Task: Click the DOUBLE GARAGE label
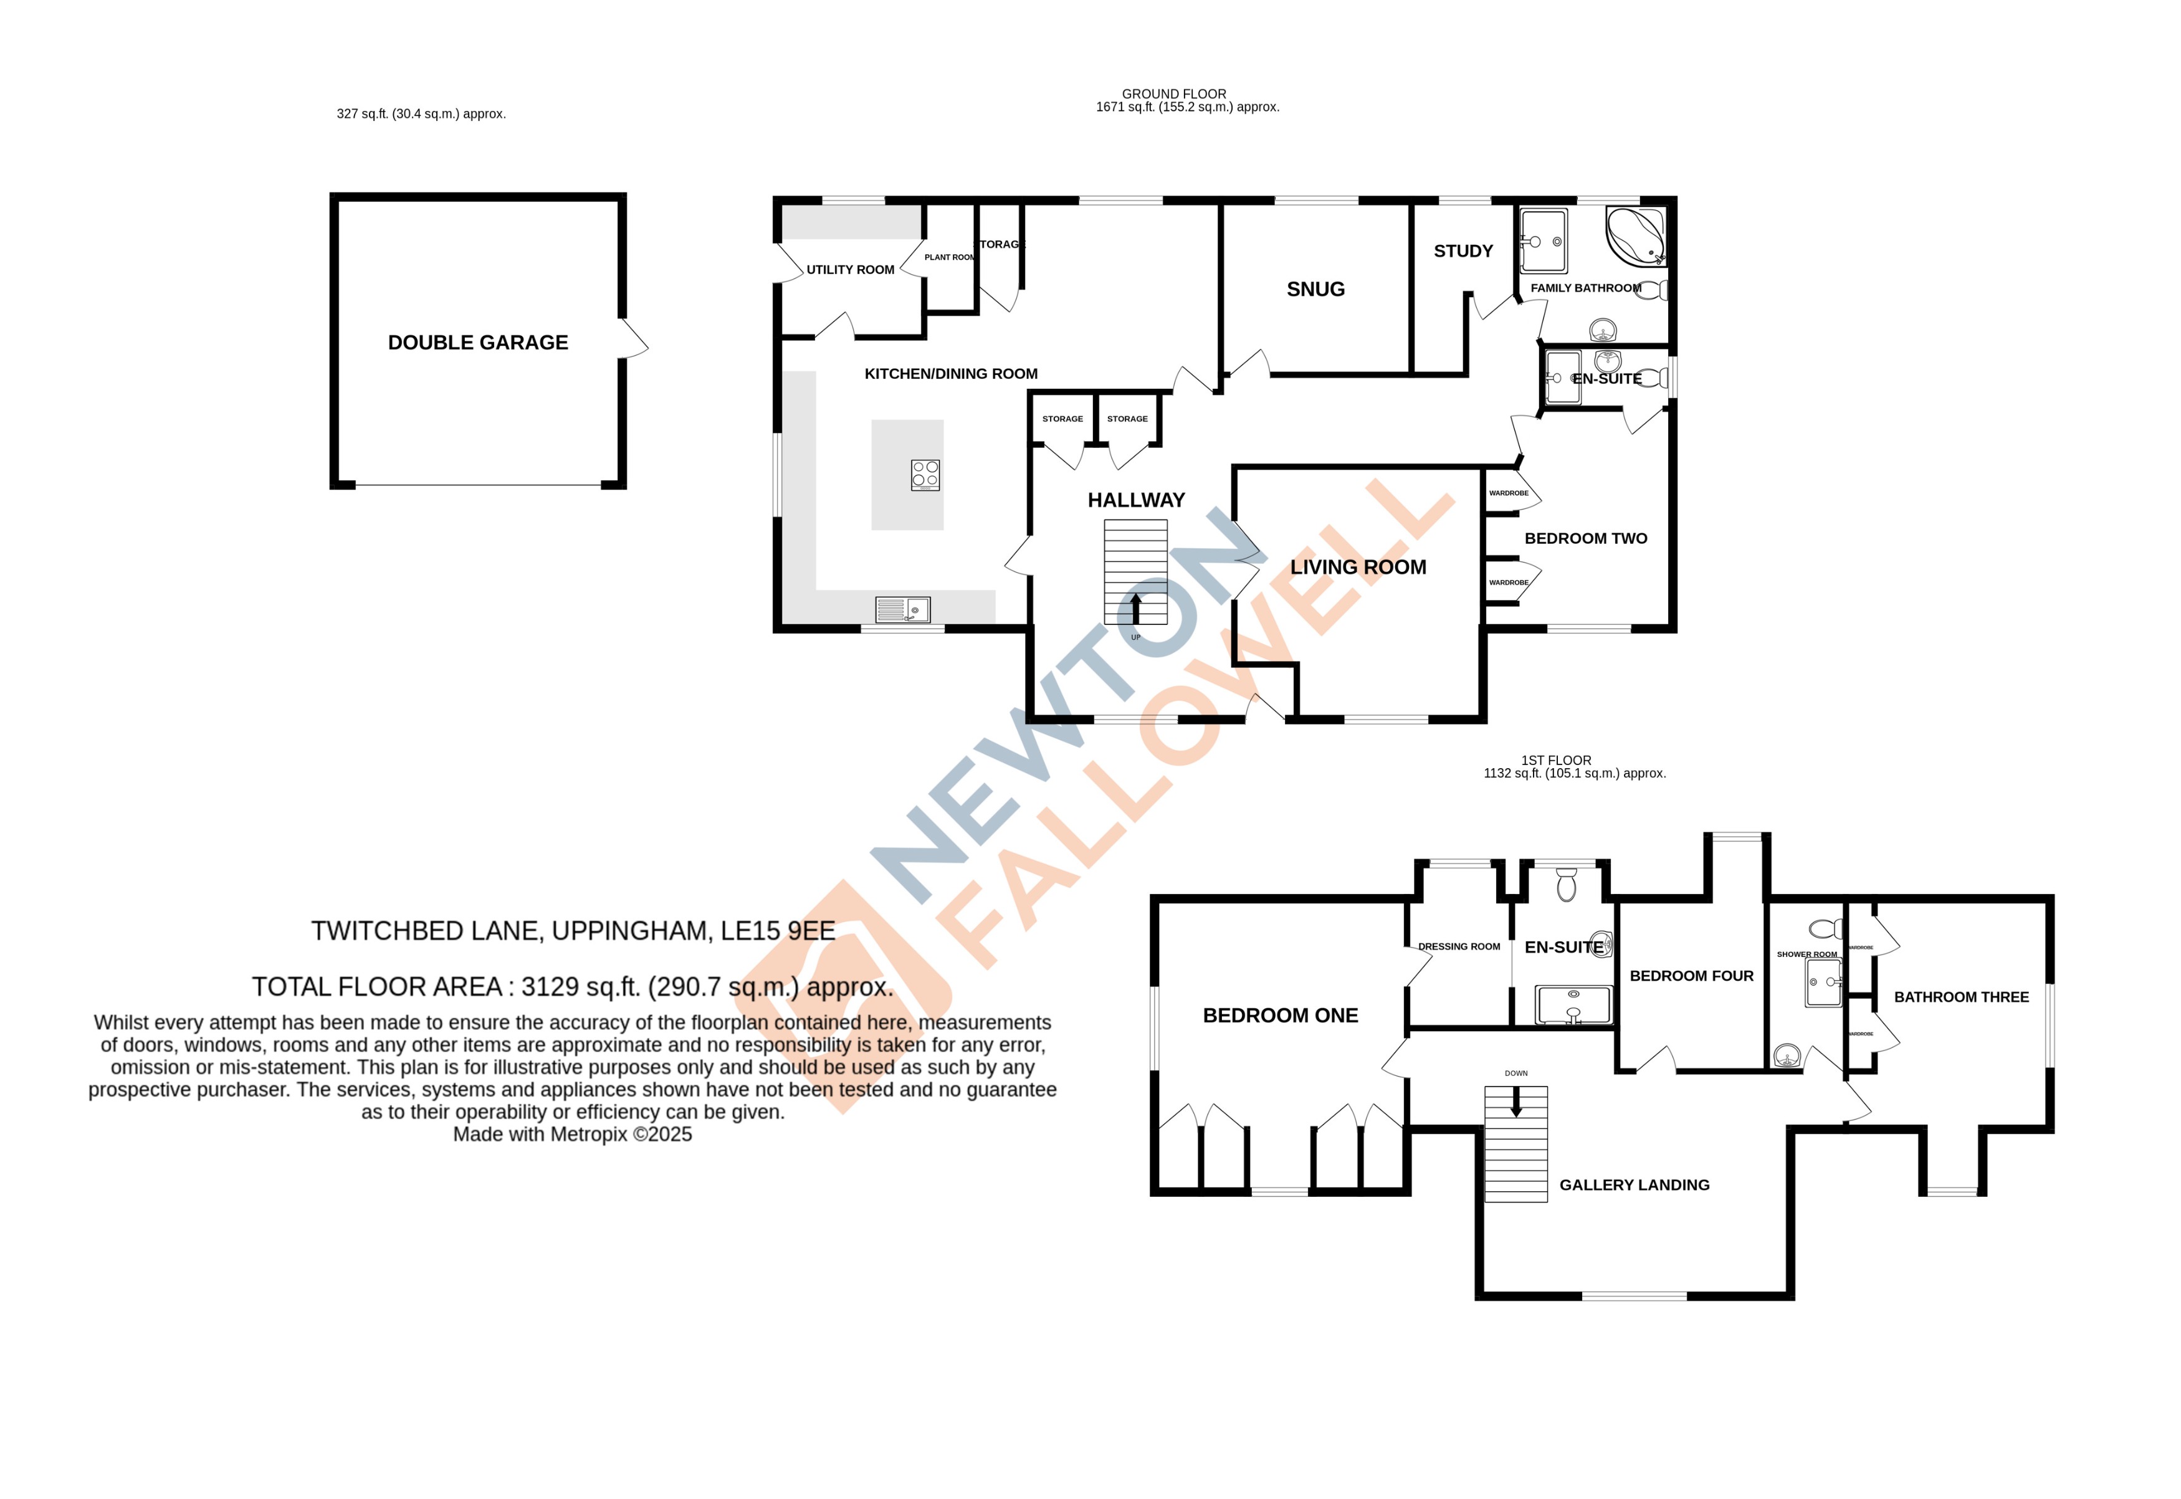[477, 343]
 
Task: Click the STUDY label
[1463, 251]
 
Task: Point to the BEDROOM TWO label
[1585, 538]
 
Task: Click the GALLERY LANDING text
[1635, 1185]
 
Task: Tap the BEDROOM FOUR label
[1691, 976]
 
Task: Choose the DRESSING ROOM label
[1459, 947]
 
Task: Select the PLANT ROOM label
[948, 257]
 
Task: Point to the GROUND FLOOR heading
[1173, 94]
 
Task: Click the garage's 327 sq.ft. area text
[421, 113]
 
